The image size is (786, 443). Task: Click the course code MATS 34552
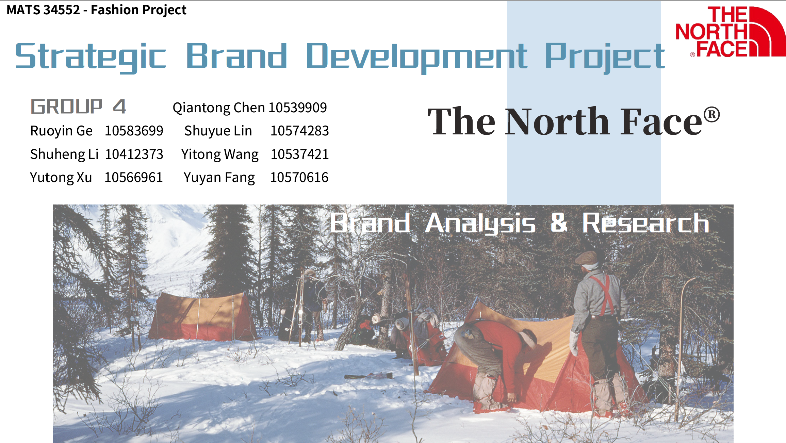[x=43, y=10]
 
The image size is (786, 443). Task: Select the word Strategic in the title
[x=91, y=57]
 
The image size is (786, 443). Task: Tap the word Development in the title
[x=417, y=57]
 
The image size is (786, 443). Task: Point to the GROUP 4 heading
[x=78, y=106]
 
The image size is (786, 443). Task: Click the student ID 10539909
[x=298, y=108]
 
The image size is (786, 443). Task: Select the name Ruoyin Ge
[x=61, y=131]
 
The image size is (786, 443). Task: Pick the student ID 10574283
[x=299, y=131]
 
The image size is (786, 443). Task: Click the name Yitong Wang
[x=220, y=154]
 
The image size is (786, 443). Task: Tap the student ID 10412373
[x=134, y=154]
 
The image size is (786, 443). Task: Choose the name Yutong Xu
[x=61, y=178]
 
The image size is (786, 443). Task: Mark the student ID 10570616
[x=299, y=177]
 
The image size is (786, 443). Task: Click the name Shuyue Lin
[x=218, y=131]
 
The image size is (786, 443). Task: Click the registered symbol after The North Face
[x=711, y=114]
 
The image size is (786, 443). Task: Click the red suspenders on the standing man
[x=604, y=294]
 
